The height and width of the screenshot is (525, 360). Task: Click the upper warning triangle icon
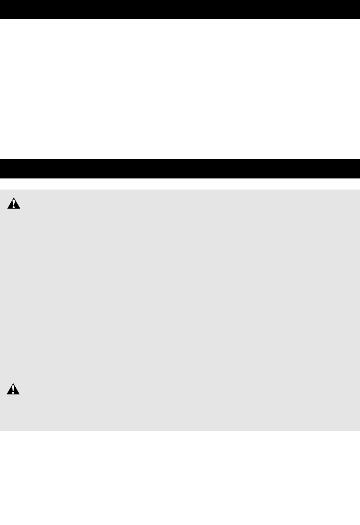(14, 204)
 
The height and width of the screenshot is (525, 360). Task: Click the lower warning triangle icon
(13, 389)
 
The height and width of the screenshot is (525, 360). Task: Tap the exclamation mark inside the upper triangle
(14, 203)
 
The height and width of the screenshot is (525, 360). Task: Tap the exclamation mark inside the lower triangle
(13, 389)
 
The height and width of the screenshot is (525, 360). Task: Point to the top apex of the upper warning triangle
(14, 197)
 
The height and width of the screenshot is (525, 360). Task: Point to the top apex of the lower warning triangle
(13, 383)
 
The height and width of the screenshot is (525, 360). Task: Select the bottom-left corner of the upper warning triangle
(7, 208)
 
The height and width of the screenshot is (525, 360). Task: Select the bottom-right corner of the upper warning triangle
(20, 208)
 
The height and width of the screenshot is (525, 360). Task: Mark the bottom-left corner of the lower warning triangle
(7, 394)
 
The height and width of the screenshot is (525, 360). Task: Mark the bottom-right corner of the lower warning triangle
(20, 394)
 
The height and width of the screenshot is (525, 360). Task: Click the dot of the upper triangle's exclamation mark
(14, 207)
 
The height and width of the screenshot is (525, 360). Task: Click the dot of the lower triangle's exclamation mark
(13, 392)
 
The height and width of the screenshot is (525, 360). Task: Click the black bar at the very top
(180, 9)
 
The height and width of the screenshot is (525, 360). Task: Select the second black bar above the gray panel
(180, 168)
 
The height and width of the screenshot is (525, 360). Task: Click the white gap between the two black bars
(180, 89)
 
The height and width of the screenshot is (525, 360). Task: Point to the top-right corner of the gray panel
(359, 190)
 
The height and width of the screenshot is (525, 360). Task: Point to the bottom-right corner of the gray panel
(359, 430)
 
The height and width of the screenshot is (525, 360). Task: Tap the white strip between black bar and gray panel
(180, 184)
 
